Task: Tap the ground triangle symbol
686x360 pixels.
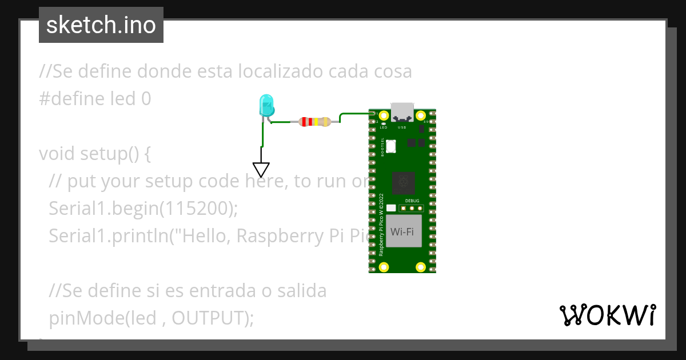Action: click(x=261, y=170)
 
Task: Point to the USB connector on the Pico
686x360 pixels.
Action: click(x=402, y=111)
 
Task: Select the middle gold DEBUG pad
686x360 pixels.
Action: click(x=412, y=209)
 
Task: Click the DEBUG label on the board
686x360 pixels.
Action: click(x=412, y=201)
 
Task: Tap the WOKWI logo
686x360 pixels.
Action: click(x=607, y=315)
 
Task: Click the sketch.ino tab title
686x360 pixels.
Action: click(x=101, y=25)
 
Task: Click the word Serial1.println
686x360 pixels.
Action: click(x=110, y=236)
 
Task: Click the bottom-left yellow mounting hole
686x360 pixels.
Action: click(x=384, y=266)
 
